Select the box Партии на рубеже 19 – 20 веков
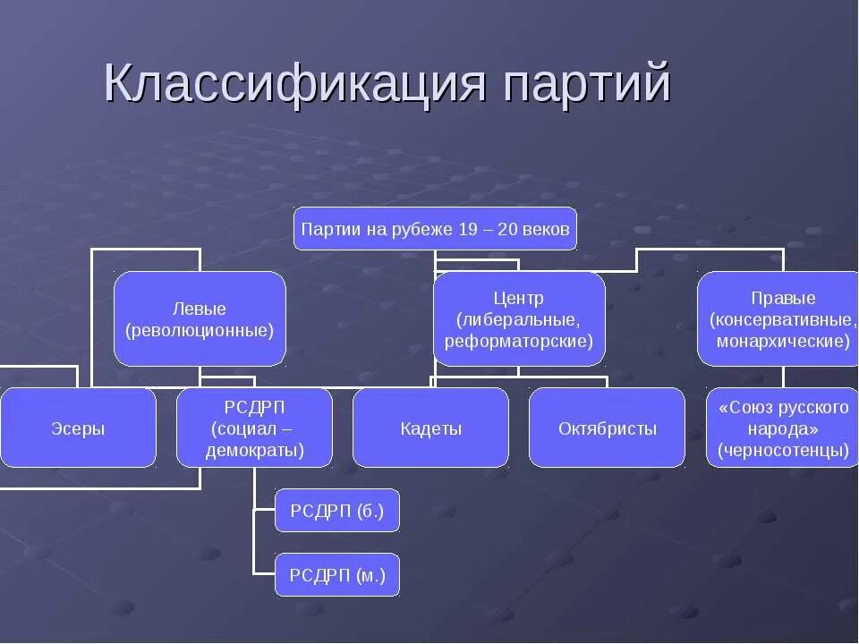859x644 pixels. (435, 229)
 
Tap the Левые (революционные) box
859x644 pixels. (200, 319)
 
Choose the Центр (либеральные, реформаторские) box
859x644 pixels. (519, 319)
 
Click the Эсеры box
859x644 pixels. (78, 428)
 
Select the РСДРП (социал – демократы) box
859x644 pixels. (254, 428)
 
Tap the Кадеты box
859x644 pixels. (430, 428)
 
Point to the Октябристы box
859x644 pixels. (607, 428)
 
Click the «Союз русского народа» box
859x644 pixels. (783, 428)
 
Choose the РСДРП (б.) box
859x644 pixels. (336, 511)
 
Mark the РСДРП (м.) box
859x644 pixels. (336, 575)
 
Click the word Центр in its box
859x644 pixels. (518, 298)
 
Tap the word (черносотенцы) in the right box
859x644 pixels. (783, 450)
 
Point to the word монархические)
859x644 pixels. (783, 341)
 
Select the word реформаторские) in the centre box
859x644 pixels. (519, 341)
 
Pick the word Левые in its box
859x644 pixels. (200, 309)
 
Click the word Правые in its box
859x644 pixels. (783, 298)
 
